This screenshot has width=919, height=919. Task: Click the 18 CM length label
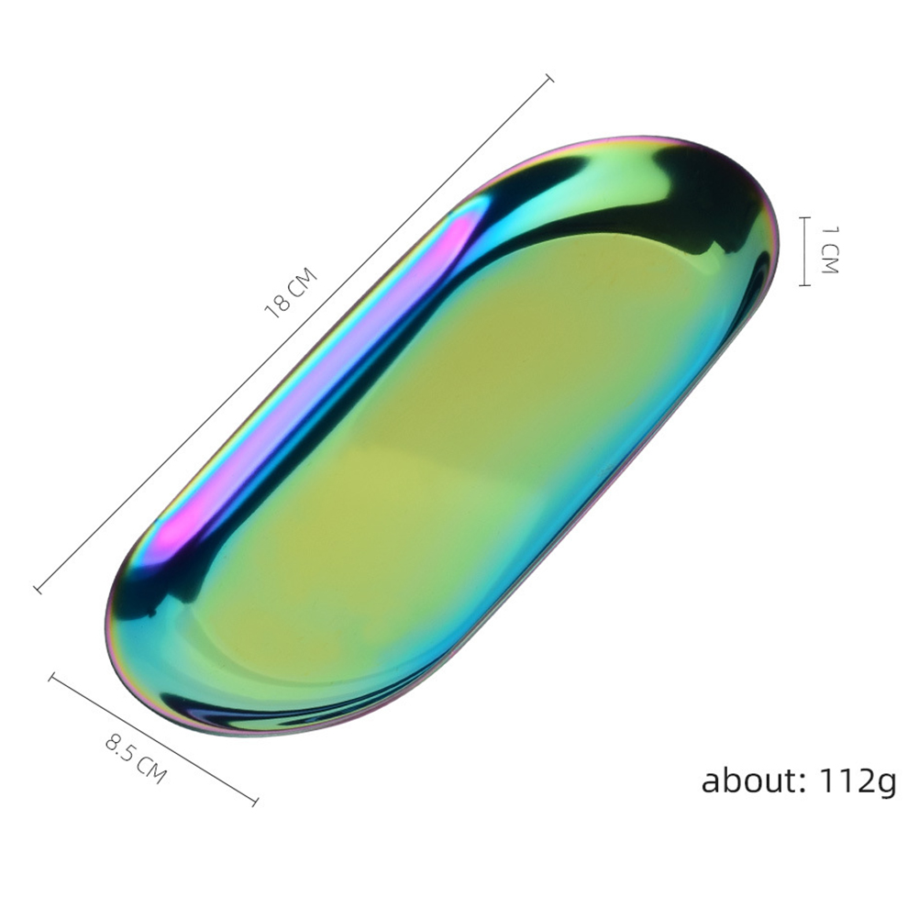(x=291, y=293)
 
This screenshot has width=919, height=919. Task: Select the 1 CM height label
(x=830, y=249)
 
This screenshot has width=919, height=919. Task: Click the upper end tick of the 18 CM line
(x=549, y=79)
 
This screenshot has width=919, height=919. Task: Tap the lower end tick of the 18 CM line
(x=39, y=589)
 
